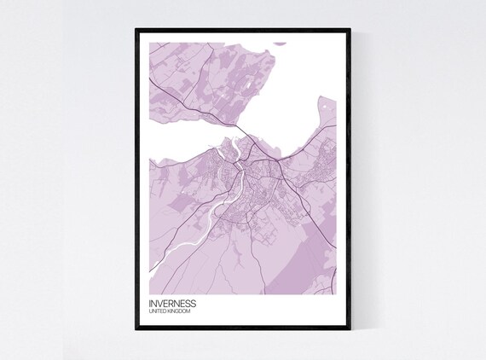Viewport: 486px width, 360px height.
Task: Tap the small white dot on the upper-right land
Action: (324, 105)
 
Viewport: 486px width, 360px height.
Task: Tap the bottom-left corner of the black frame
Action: (136, 332)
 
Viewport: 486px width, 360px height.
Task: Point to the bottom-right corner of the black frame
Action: (350, 332)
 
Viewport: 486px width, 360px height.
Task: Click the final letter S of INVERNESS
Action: (194, 303)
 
